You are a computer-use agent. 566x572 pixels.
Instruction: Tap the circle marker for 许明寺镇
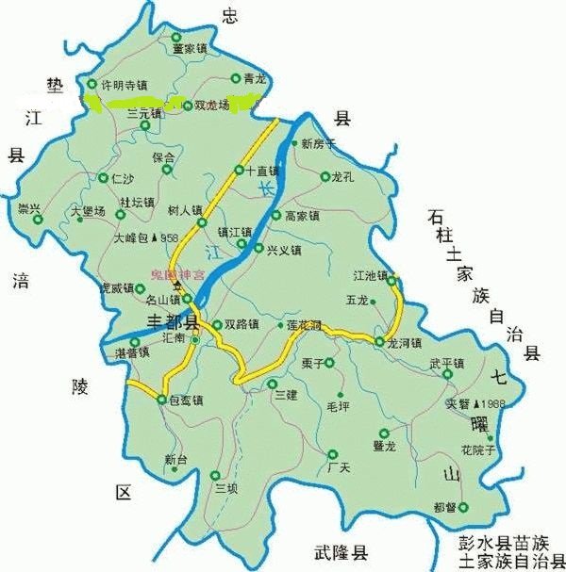tap(92, 84)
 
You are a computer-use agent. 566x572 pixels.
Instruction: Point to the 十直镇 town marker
tap(239, 172)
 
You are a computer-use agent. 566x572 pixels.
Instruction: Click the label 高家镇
tap(302, 216)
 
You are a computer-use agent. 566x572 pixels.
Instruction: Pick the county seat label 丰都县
tap(174, 322)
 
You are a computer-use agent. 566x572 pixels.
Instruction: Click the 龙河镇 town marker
tap(379, 341)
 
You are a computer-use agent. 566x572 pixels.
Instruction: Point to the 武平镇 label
tap(446, 363)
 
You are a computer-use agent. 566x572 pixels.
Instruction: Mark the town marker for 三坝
tap(216, 475)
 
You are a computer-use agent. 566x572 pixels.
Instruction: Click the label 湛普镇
tap(132, 352)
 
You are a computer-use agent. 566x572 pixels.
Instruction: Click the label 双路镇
tap(241, 323)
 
